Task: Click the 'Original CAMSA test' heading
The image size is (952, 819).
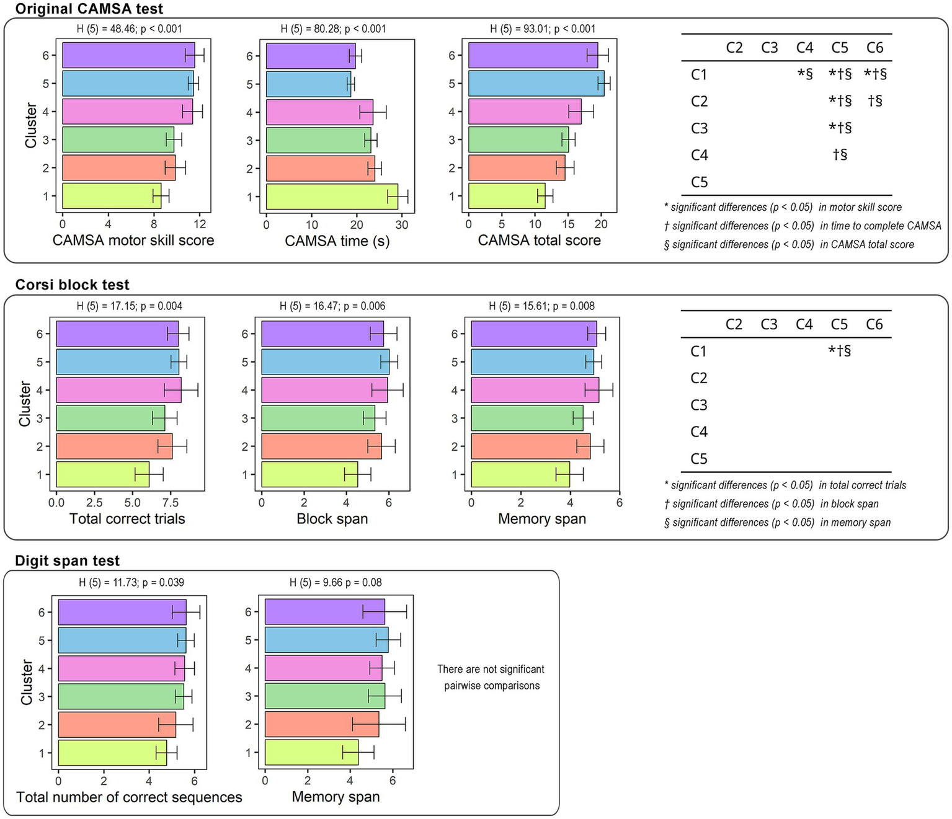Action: tap(89, 9)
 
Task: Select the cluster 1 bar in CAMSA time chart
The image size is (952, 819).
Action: tap(332, 197)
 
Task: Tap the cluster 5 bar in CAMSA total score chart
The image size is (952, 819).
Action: tap(536, 84)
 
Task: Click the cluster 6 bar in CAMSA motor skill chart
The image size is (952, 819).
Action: tap(128, 55)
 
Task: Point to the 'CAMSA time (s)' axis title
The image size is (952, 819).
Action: tap(337, 241)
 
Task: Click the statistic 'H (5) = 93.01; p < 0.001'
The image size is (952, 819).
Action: tap(543, 29)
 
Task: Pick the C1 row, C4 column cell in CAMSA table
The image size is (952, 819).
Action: tap(804, 74)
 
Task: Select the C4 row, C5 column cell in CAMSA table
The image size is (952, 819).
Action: tap(840, 155)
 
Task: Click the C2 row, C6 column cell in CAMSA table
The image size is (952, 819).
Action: tap(874, 101)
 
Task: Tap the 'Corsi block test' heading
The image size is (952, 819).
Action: tap(73, 285)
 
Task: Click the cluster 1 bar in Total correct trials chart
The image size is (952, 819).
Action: tap(102, 474)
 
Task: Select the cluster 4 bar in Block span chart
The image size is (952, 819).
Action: tap(324, 390)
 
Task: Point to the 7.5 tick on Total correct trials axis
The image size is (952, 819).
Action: tap(170, 502)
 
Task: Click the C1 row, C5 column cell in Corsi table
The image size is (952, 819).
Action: tap(839, 351)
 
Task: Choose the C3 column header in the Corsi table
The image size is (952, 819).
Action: tap(769, 324)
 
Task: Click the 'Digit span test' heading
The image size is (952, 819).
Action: tap(68, 560)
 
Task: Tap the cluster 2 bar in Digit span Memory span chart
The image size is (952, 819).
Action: tap(322, 724)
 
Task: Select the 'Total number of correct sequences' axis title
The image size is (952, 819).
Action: tap(129, 797)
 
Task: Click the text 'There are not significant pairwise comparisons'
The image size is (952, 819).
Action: tap(491, 677)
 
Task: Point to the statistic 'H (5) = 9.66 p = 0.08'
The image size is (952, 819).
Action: tap(336, 583)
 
